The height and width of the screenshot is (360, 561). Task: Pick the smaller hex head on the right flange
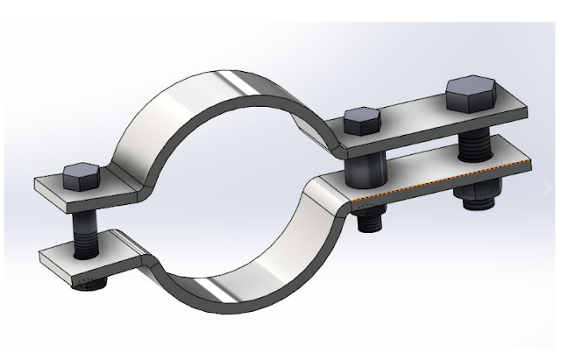pyautogui.click(x=360, y=119)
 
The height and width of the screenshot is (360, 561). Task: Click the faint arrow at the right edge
pyautogui.click(x=550, y=187)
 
